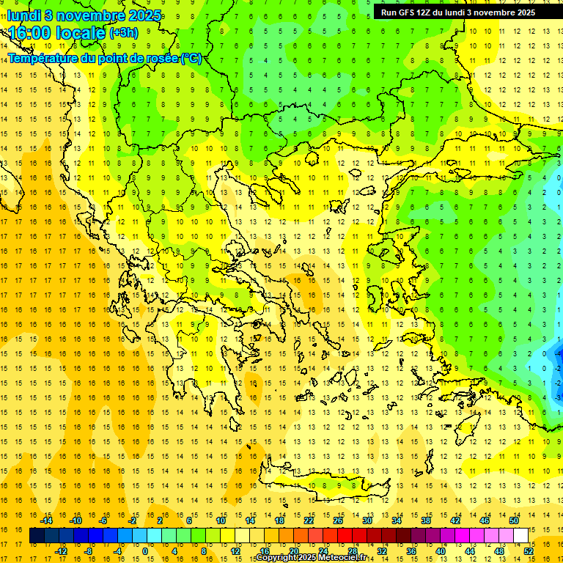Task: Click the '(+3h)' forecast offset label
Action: pos(123,32)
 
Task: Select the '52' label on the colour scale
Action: pos(529,551)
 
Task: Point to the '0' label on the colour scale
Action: pos(145,551)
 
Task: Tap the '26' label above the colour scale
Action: pos(338,520)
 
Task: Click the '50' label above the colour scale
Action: pos(514,520)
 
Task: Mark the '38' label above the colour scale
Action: pos(426,520)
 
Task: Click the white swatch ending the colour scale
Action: pos(521,536)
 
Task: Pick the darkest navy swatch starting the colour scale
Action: pos(37,536)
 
